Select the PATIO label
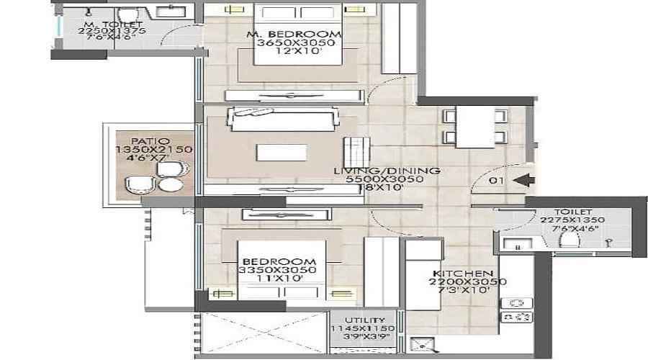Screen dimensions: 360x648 point(150,141)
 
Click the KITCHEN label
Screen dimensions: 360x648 point(462,274)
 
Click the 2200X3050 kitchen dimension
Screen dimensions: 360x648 point(462,282)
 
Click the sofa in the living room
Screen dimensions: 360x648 point(282,119)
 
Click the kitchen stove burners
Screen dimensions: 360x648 point(516,309)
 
